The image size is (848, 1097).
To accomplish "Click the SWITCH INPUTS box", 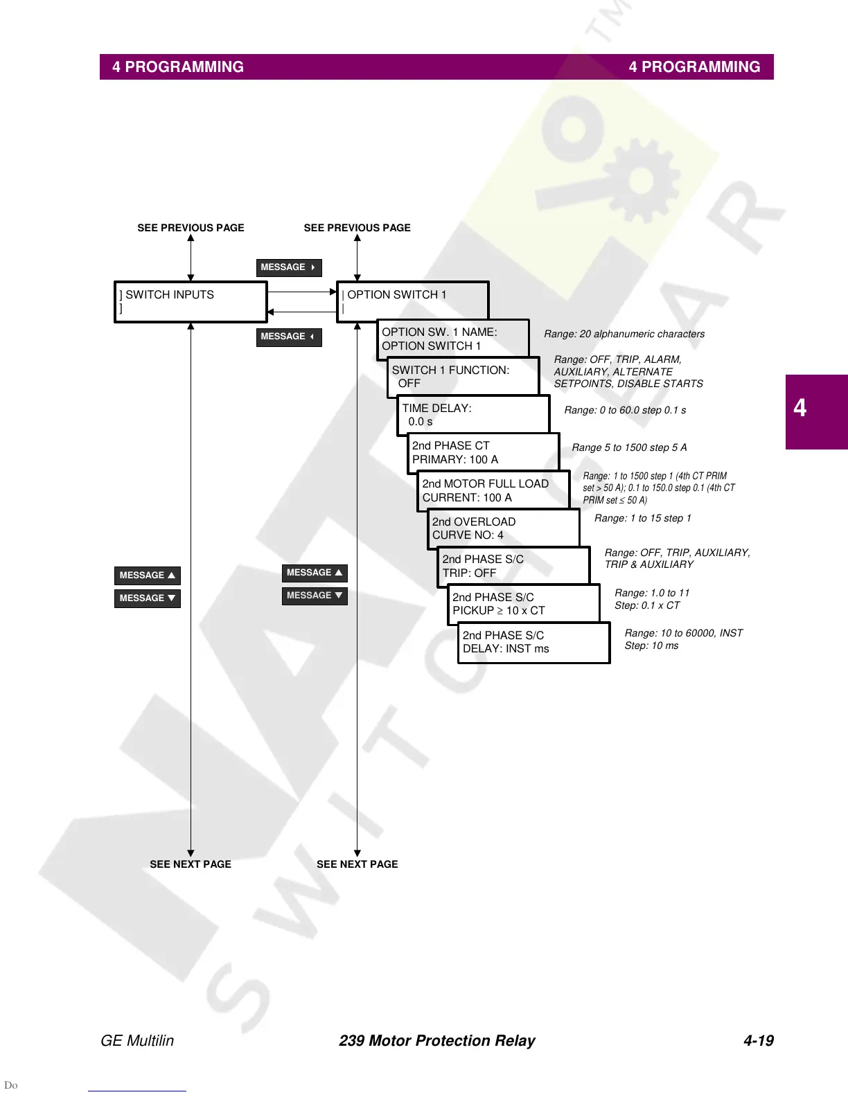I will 191,301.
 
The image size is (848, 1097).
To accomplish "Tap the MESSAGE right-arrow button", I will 289,267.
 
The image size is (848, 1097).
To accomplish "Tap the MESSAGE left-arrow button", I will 289,337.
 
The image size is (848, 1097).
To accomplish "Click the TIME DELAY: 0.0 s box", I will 473,414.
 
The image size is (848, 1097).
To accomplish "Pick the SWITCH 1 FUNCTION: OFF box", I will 463,376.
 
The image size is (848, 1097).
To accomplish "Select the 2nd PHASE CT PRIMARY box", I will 483,452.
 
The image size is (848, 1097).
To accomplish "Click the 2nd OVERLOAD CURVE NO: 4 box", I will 503,528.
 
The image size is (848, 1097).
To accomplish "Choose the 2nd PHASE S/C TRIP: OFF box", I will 513,566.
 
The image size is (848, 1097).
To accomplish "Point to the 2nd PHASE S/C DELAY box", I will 533,642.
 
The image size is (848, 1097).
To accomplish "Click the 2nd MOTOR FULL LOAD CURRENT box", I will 493,490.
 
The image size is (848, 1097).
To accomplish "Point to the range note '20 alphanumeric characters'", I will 624,334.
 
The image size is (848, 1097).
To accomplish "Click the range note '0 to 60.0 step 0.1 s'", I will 625,410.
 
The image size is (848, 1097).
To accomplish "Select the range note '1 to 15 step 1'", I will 642,518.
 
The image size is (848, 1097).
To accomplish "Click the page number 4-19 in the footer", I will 758,1040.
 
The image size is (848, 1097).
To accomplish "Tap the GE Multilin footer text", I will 137,1040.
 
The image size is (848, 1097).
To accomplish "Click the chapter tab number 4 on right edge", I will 800,408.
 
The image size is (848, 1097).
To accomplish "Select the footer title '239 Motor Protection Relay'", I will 436,1040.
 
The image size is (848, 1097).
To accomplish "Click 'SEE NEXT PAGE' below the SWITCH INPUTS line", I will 191,864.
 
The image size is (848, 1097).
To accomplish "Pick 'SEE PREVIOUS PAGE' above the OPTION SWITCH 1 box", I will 357,228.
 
